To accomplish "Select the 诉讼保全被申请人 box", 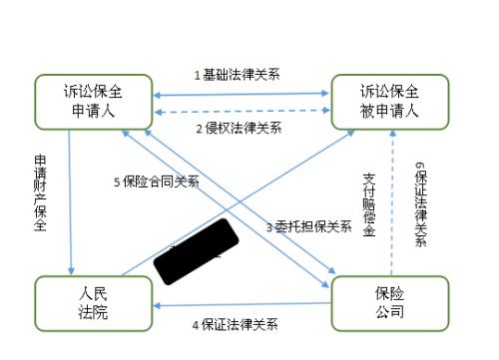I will point(390,101).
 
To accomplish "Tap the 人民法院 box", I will point(92,303).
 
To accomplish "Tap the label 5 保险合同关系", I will point(157,181).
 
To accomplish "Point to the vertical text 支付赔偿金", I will point(368,204).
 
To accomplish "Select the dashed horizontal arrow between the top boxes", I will point(239,112).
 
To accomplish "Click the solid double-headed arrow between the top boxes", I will point(239,94).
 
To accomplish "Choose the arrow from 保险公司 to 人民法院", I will point(240,305).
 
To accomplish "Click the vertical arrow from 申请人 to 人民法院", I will point(70,199).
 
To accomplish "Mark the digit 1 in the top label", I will point(198,76).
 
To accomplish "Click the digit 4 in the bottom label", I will point(196,324).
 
